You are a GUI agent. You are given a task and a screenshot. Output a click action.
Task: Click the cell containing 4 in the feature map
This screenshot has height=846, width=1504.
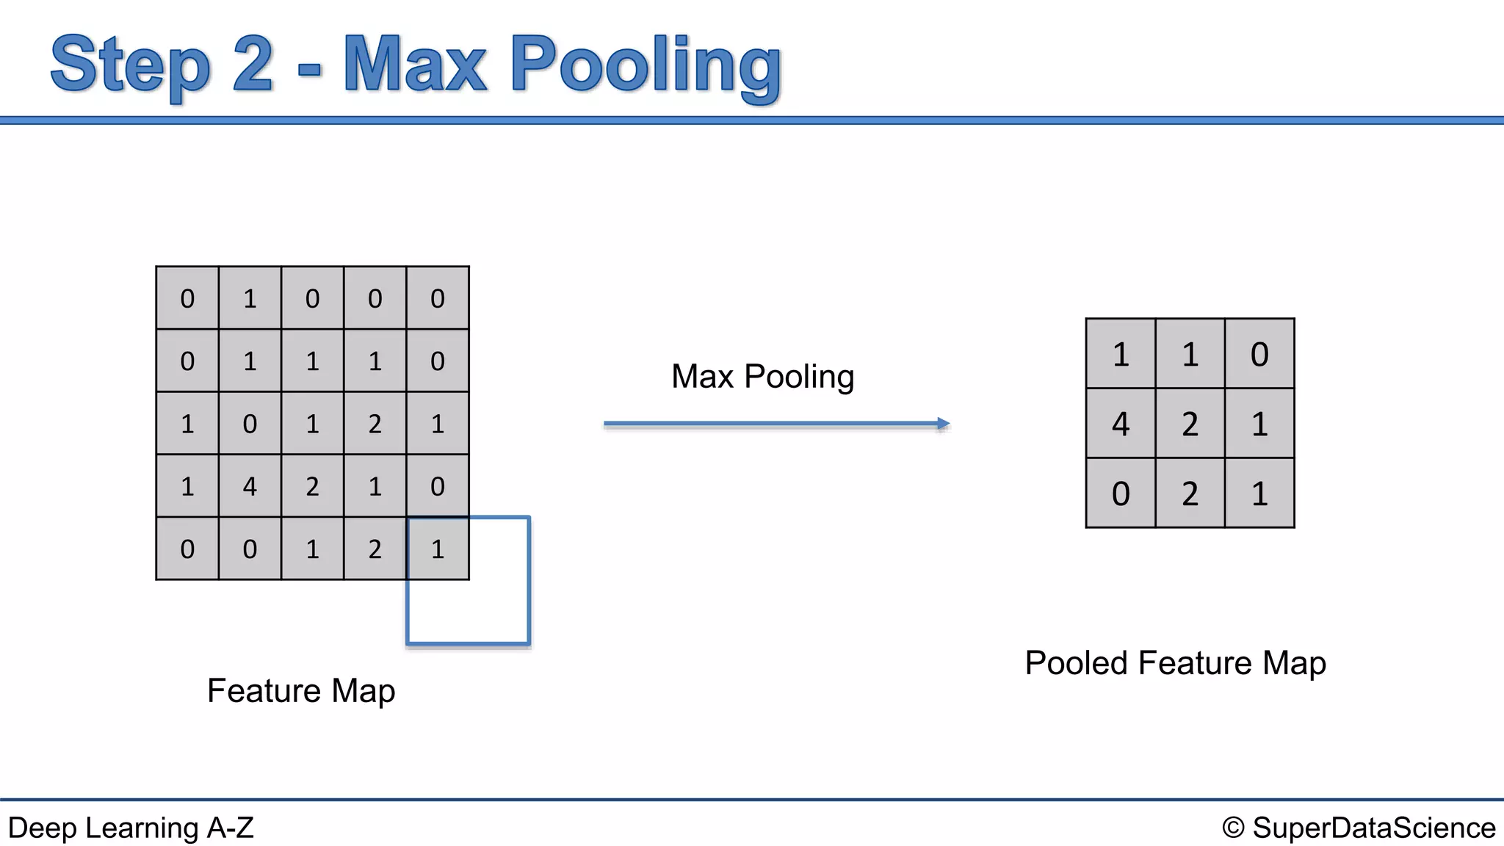point(250,486)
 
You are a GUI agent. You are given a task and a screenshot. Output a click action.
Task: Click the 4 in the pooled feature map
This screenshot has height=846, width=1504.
point(1120,424)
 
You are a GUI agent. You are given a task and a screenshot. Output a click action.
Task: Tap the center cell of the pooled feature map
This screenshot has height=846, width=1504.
point(1190,424)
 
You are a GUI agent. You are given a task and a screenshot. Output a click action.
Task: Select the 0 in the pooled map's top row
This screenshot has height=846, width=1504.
point(1259,354)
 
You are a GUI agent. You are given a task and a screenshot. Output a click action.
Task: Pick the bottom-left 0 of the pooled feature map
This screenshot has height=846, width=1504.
point(1120,493)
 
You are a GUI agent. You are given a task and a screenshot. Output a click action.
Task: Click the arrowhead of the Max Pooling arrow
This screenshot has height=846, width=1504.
point(944,424)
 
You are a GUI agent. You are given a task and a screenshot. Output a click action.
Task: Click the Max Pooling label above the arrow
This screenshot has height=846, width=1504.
point(762,377)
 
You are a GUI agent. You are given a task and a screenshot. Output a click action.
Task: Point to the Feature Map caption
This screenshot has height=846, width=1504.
point(301,691)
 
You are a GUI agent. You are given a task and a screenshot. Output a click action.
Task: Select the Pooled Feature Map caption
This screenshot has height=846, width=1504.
point(1175,663)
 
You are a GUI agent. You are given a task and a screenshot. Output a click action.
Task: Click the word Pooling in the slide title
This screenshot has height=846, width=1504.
point(646,66)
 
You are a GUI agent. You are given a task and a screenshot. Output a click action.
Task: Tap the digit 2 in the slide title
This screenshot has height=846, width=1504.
point(253,65)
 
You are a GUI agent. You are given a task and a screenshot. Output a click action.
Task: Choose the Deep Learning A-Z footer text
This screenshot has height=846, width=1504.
point(131,828)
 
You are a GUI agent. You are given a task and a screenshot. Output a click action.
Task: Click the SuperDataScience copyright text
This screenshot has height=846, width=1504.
point(1373,828)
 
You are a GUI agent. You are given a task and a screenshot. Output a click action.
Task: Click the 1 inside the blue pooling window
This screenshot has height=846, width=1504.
point(438,549)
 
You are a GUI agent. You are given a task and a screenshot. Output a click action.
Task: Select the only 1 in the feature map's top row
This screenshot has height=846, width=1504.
point(250,298)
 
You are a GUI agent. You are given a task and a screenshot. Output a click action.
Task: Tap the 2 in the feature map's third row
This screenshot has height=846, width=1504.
point(375,424)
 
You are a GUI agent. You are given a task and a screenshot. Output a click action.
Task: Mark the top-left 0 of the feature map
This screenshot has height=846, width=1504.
point(187,298)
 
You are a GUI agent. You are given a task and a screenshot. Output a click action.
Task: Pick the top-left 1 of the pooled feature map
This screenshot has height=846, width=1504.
point(1120,354)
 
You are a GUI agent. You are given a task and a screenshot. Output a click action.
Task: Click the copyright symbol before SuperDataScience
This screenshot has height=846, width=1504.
point(1233,828)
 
